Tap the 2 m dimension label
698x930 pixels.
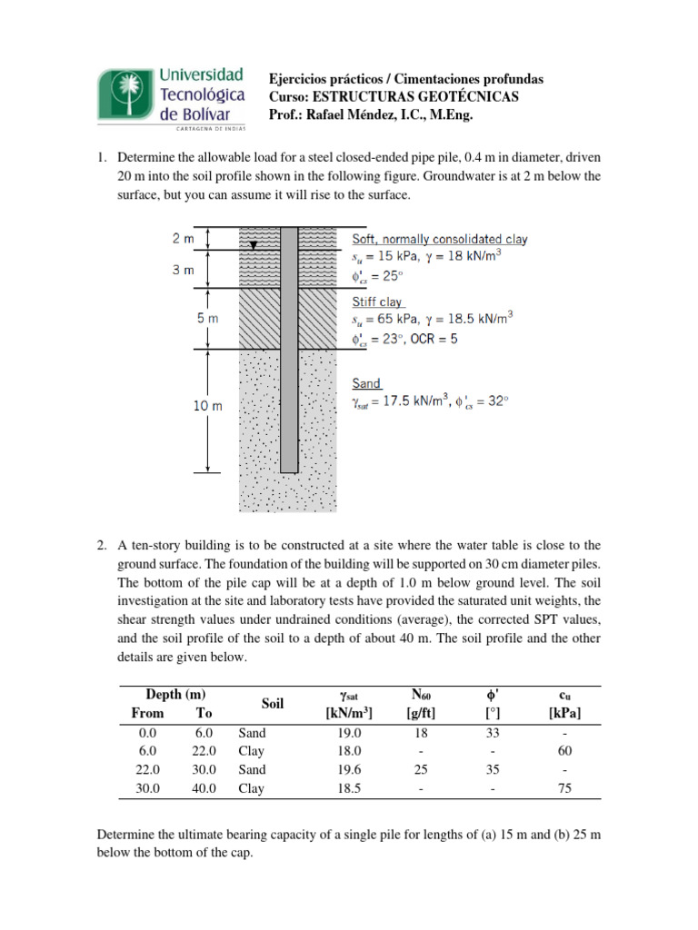pyautogui.click(x=183, y=239)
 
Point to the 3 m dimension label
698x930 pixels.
pyautogui.click(x=183, y=270)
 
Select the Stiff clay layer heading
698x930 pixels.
pyautogui.click(x=377, y=302)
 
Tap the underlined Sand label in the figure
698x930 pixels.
pyautogui.click(x=366, y=383)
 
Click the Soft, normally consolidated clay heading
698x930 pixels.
pyautogui.click(x=439, y=239)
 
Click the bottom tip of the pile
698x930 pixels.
pyautogui.click(x=289, y=470)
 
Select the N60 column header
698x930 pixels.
pyautogui.click(x=421, y=695)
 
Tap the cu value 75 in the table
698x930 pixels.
pyautogui.click(x=570, y=788)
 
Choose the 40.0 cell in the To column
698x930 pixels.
pyautogui.click(x=204, y=788)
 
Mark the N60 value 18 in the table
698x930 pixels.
pyautogui.click(x=421, y=732)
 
